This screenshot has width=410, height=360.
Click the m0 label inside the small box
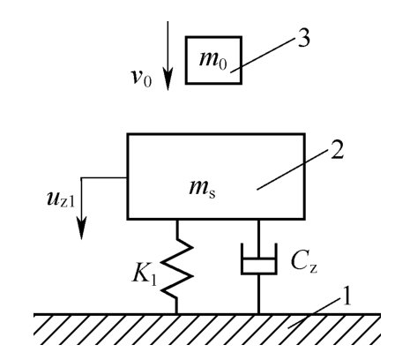pos(213,60)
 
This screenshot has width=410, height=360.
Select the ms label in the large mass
pos(203,188)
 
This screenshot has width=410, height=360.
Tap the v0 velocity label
pos(141,78)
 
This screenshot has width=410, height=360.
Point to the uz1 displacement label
pos(61,199)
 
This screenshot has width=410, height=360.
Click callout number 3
pos(303,38)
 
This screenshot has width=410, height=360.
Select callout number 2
pos(337,151)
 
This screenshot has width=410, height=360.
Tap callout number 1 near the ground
pos(347,296)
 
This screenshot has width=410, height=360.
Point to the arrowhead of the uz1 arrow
pos(81,228)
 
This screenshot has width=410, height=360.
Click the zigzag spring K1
pos(177,266)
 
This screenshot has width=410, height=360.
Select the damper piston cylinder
pos(258,259)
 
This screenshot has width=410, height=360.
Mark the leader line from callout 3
pos(263,55)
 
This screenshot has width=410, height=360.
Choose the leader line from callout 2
pos(293,169)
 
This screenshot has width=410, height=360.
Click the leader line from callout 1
pos(313,313)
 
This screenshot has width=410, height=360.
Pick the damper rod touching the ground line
pos(258,294)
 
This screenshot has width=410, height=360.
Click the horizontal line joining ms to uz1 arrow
pos(104,177)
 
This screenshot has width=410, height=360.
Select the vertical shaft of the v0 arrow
pos(168,45)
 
